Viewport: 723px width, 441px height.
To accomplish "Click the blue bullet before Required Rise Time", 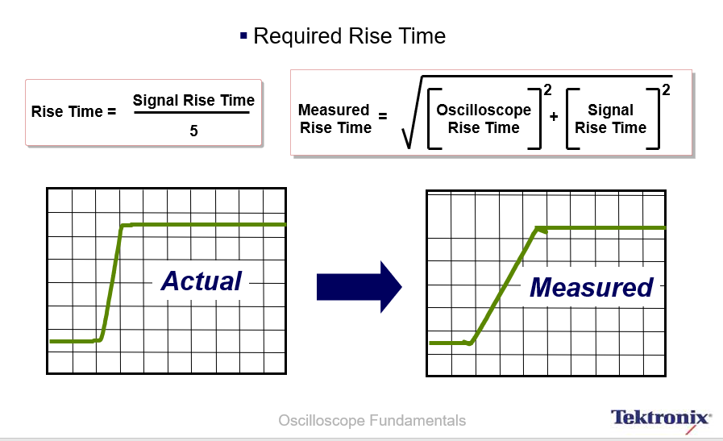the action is [x=243, y=35].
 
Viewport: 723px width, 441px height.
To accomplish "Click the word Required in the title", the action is [x=297, y=36].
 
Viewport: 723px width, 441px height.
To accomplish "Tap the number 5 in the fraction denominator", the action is [x=193, y=131].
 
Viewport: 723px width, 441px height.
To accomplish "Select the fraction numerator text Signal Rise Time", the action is [x=193, y=100].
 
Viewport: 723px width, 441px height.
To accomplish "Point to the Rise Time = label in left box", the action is [x=74, y=111].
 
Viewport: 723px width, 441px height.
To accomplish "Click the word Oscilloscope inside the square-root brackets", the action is [x=484, y=110].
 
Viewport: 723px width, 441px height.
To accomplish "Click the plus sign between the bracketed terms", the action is [x=554, y=117].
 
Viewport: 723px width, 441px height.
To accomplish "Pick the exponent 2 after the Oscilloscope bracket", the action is [x=547, y=89].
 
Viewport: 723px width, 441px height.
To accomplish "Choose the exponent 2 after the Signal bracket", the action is [x=666, y=89].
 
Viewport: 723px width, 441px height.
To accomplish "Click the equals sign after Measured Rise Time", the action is [x=383, y=116].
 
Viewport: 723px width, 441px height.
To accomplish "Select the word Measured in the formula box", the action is [x=334, y=110].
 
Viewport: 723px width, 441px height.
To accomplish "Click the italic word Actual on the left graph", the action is [x=201, y=281].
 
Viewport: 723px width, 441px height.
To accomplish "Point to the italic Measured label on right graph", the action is [x=591, y=287].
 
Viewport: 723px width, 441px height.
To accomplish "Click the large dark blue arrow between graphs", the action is [x=359, y=287].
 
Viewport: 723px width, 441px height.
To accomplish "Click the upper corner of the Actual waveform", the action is [x=122, y=226].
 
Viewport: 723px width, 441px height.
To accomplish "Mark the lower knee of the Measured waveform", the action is [x=471, y=343].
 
